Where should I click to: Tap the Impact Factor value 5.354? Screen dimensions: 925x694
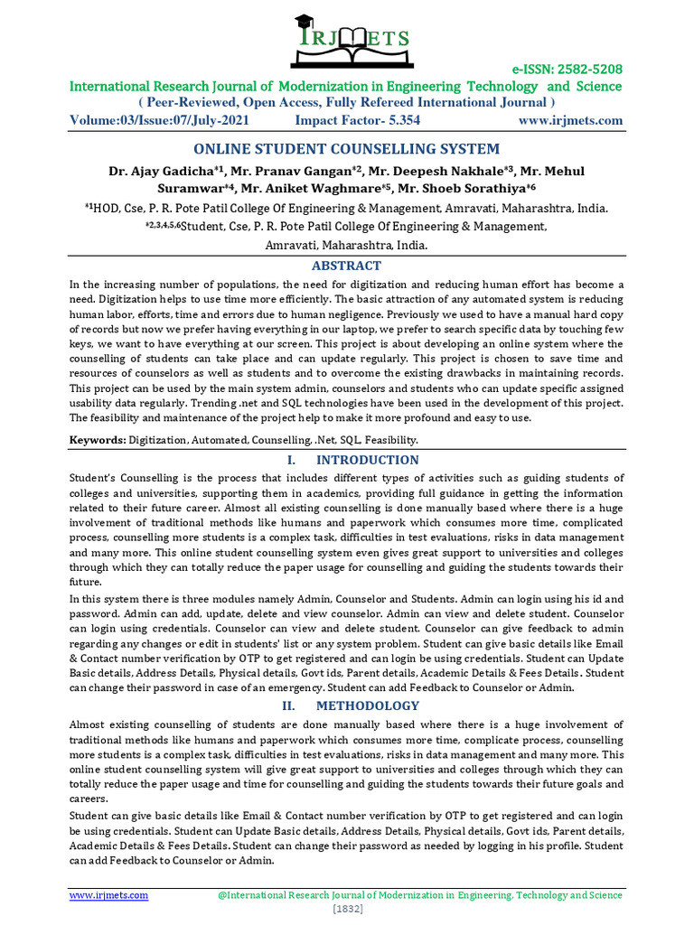398,120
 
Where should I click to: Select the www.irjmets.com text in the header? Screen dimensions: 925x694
570,120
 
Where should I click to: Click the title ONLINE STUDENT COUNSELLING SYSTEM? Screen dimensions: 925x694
347,149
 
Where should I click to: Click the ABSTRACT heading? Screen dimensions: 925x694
347,266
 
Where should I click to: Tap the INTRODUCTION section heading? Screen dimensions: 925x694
368,460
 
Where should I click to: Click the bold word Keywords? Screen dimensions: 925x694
98,440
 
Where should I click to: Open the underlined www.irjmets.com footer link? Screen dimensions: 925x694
109,894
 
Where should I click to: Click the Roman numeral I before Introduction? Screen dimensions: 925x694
286,460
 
